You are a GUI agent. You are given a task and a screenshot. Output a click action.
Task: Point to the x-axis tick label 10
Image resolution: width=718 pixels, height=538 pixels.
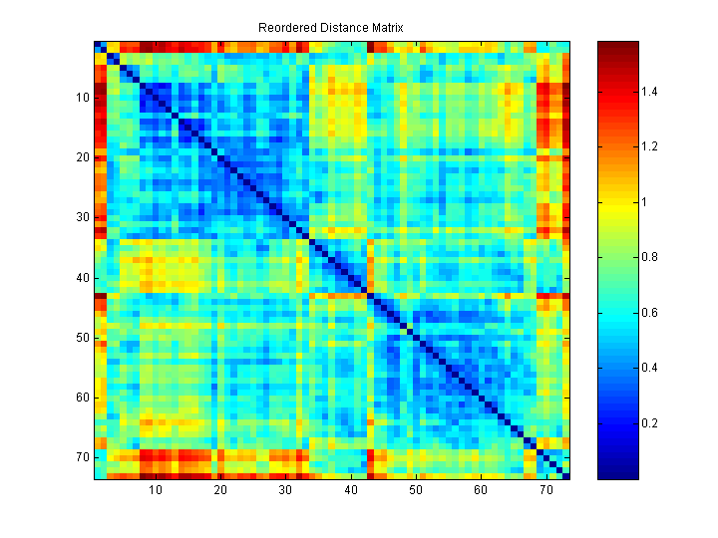tap(156, 491)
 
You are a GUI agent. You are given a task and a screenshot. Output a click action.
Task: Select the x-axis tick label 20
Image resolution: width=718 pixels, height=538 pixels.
tap(220, 491)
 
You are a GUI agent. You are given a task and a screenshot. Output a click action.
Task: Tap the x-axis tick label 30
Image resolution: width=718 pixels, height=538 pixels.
tap(285, 491)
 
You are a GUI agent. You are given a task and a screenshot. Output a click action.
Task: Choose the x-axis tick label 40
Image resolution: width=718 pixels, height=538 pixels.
tap(351, 491)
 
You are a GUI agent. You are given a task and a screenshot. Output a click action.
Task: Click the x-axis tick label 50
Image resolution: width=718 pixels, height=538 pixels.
tap(416, 491)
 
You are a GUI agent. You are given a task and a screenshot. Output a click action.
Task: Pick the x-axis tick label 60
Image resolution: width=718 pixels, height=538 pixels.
tap(481, 491)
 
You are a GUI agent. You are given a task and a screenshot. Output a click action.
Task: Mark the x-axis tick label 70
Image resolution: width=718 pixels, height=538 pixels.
tap(545, 491)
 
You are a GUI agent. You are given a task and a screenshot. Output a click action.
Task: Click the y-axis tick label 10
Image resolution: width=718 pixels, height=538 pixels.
tap(83, 98)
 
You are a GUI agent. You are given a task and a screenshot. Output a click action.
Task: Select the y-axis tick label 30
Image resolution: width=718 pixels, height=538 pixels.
tap(83, 217)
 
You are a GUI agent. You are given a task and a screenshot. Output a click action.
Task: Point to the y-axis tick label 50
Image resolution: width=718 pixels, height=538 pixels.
tap(83, 338)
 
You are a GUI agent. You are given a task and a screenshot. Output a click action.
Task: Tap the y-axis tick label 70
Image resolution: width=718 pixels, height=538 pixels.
tap(83, 457)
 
